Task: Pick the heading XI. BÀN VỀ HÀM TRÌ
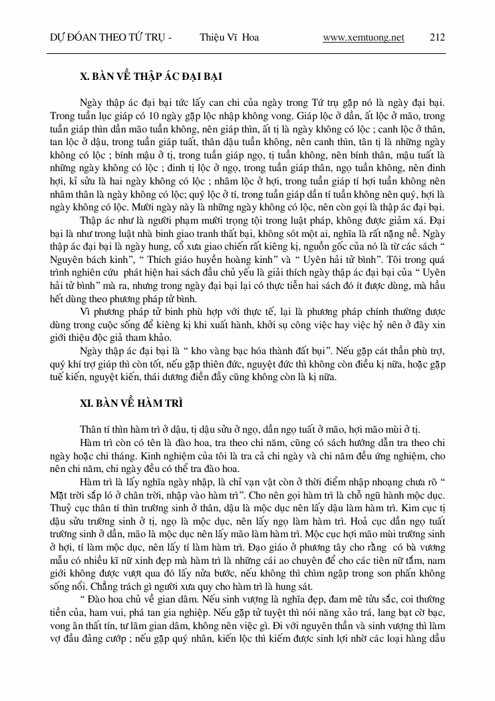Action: [x=130, y=403]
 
